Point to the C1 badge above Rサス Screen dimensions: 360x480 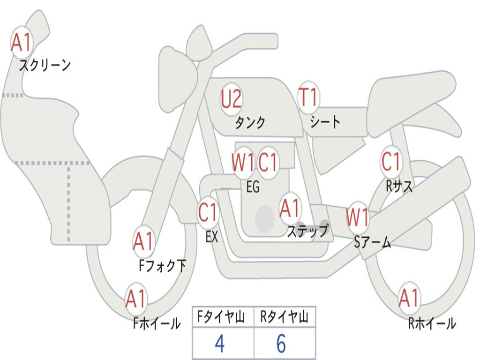pos(391,162)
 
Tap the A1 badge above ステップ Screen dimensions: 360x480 pos(290,208)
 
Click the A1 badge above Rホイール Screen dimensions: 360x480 pos(409,298)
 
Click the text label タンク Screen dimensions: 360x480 pos(250,122)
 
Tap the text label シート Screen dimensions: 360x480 pos(325,122)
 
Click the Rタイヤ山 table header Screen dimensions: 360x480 pos(285,318)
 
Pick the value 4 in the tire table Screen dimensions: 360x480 pos(219,344)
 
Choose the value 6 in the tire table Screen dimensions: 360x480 pos(281,344)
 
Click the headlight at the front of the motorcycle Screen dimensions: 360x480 pos(177,77)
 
